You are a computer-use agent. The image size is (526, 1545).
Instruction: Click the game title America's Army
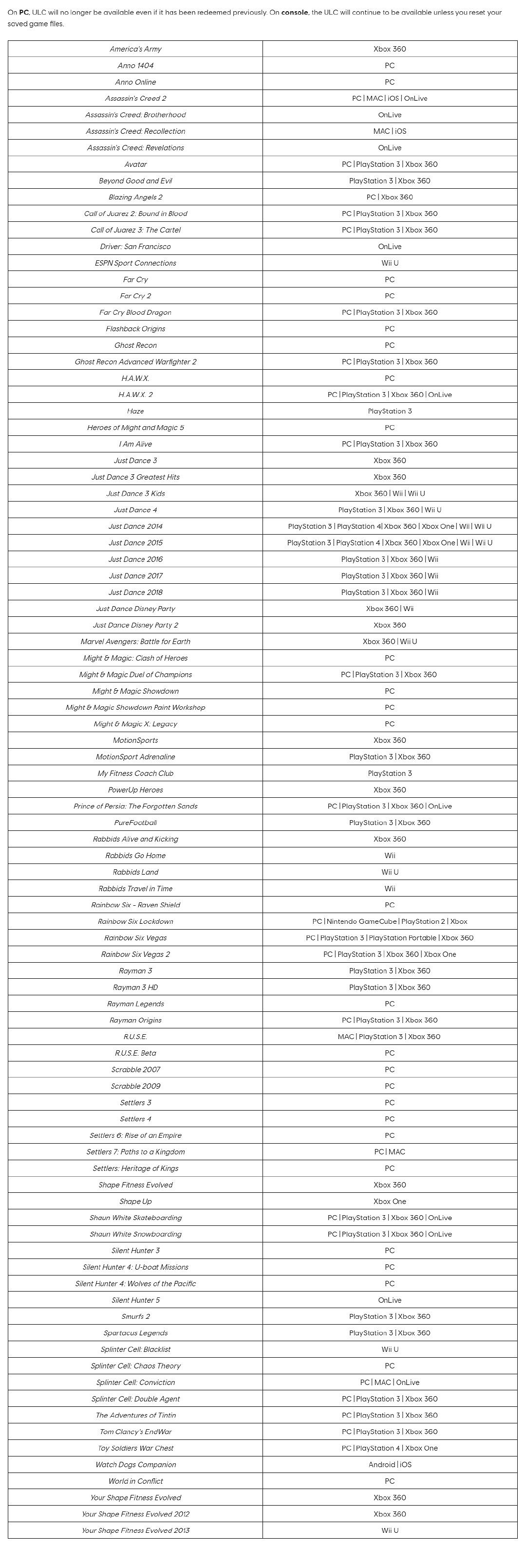click(135, 49)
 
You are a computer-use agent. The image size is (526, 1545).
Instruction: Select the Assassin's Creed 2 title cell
click(135, 98)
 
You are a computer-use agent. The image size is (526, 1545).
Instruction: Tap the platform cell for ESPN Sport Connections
click(390, 263)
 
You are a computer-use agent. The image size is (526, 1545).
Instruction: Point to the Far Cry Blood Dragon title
click(135, 312)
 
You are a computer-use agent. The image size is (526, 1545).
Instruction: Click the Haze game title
click(135, 412)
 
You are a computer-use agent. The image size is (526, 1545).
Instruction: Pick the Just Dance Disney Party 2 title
click(135, 626)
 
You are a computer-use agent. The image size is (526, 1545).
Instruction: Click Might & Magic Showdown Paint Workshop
click(135, 708)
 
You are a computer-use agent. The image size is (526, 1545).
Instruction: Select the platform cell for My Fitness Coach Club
click(390, 773)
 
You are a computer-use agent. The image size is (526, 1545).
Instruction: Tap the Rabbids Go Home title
click(135, 856)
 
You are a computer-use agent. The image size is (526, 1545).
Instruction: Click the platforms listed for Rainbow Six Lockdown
click(390, 922)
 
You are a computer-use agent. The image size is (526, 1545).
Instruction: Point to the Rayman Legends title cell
click(135, 1004)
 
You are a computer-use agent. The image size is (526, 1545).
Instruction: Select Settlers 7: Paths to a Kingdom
click(135, 1152)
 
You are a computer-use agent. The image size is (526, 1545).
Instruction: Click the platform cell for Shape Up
click(390, 1202)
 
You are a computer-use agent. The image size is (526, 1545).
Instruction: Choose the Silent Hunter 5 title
click(135, 1300)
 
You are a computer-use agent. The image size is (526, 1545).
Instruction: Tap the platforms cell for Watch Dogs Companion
click(390, 1465)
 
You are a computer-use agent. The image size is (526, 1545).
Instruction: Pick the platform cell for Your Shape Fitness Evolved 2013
click(390, 1530)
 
